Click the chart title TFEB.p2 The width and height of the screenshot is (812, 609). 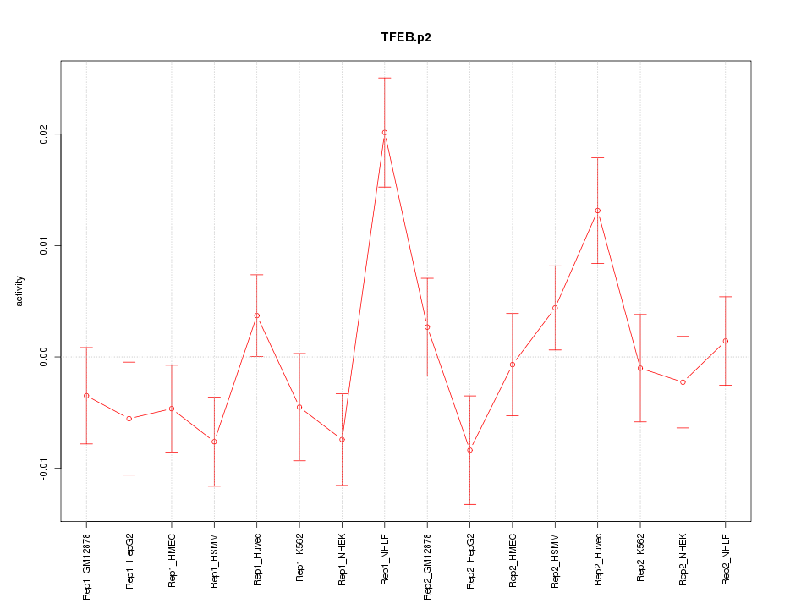click(406, 38)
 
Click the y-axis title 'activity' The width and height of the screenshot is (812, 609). click(20, 291)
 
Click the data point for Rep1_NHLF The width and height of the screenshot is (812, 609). click(384, 133)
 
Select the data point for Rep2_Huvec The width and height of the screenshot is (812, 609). click(597, 211)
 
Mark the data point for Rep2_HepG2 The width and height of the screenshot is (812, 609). click(469, 450)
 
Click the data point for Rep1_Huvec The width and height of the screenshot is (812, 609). click(256, 315)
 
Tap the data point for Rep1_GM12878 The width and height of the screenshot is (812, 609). click(86, 396)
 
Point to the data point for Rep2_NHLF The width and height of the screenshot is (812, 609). click(725, 341)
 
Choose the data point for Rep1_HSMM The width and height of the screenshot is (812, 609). click(214, 442)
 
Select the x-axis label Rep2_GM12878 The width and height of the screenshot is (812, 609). click(427, 565)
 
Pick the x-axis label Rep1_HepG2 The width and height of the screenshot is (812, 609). click(129, 561)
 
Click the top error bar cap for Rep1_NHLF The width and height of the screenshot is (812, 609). click(384, 78)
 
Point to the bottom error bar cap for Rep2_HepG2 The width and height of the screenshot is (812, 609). click(469, 504)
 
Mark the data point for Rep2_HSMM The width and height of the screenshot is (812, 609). click(555, 308)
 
